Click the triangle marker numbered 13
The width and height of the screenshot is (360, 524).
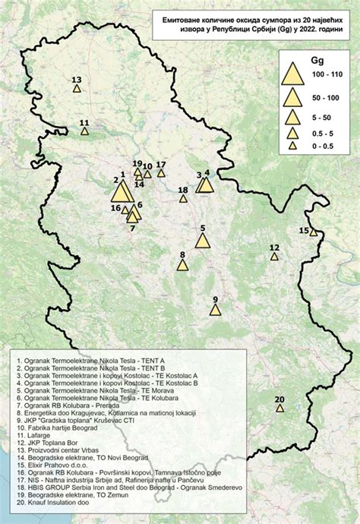pos(77,89)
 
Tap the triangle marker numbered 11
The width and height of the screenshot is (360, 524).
pos(85,130)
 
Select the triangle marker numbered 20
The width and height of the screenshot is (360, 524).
pos(280,408)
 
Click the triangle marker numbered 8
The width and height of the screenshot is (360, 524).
pos(182,265)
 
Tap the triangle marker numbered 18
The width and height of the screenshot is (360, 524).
pos(183,199)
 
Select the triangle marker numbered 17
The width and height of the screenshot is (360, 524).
pos(161,173)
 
